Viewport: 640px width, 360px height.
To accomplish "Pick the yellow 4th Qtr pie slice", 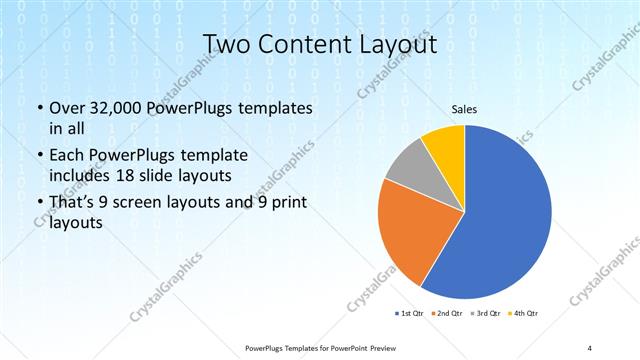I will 444,148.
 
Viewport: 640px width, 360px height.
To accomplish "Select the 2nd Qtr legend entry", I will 447,313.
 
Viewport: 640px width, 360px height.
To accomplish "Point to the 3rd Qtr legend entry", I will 486,313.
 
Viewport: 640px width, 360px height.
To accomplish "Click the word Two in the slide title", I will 227,45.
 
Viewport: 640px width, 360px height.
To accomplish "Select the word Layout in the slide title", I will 393,45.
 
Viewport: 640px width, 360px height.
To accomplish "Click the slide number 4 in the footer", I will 590,347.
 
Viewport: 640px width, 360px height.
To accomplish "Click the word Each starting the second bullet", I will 68,157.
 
